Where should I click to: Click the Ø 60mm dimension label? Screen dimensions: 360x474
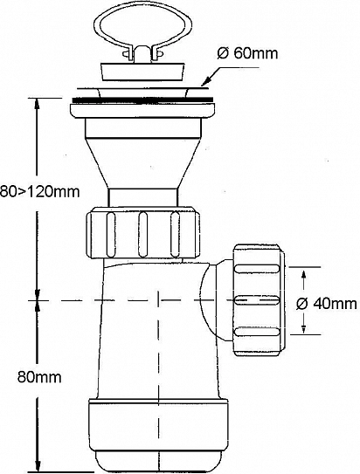coord(247,53)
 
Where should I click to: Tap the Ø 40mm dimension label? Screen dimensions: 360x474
coord(327,303)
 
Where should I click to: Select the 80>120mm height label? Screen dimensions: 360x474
coord(39,191)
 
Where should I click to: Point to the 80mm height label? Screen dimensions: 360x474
coord(39,377)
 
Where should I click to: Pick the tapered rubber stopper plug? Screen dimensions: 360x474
coord(142,72)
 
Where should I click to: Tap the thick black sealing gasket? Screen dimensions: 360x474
coord(142,100)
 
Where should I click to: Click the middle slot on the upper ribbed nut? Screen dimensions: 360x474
coord(142,235)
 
